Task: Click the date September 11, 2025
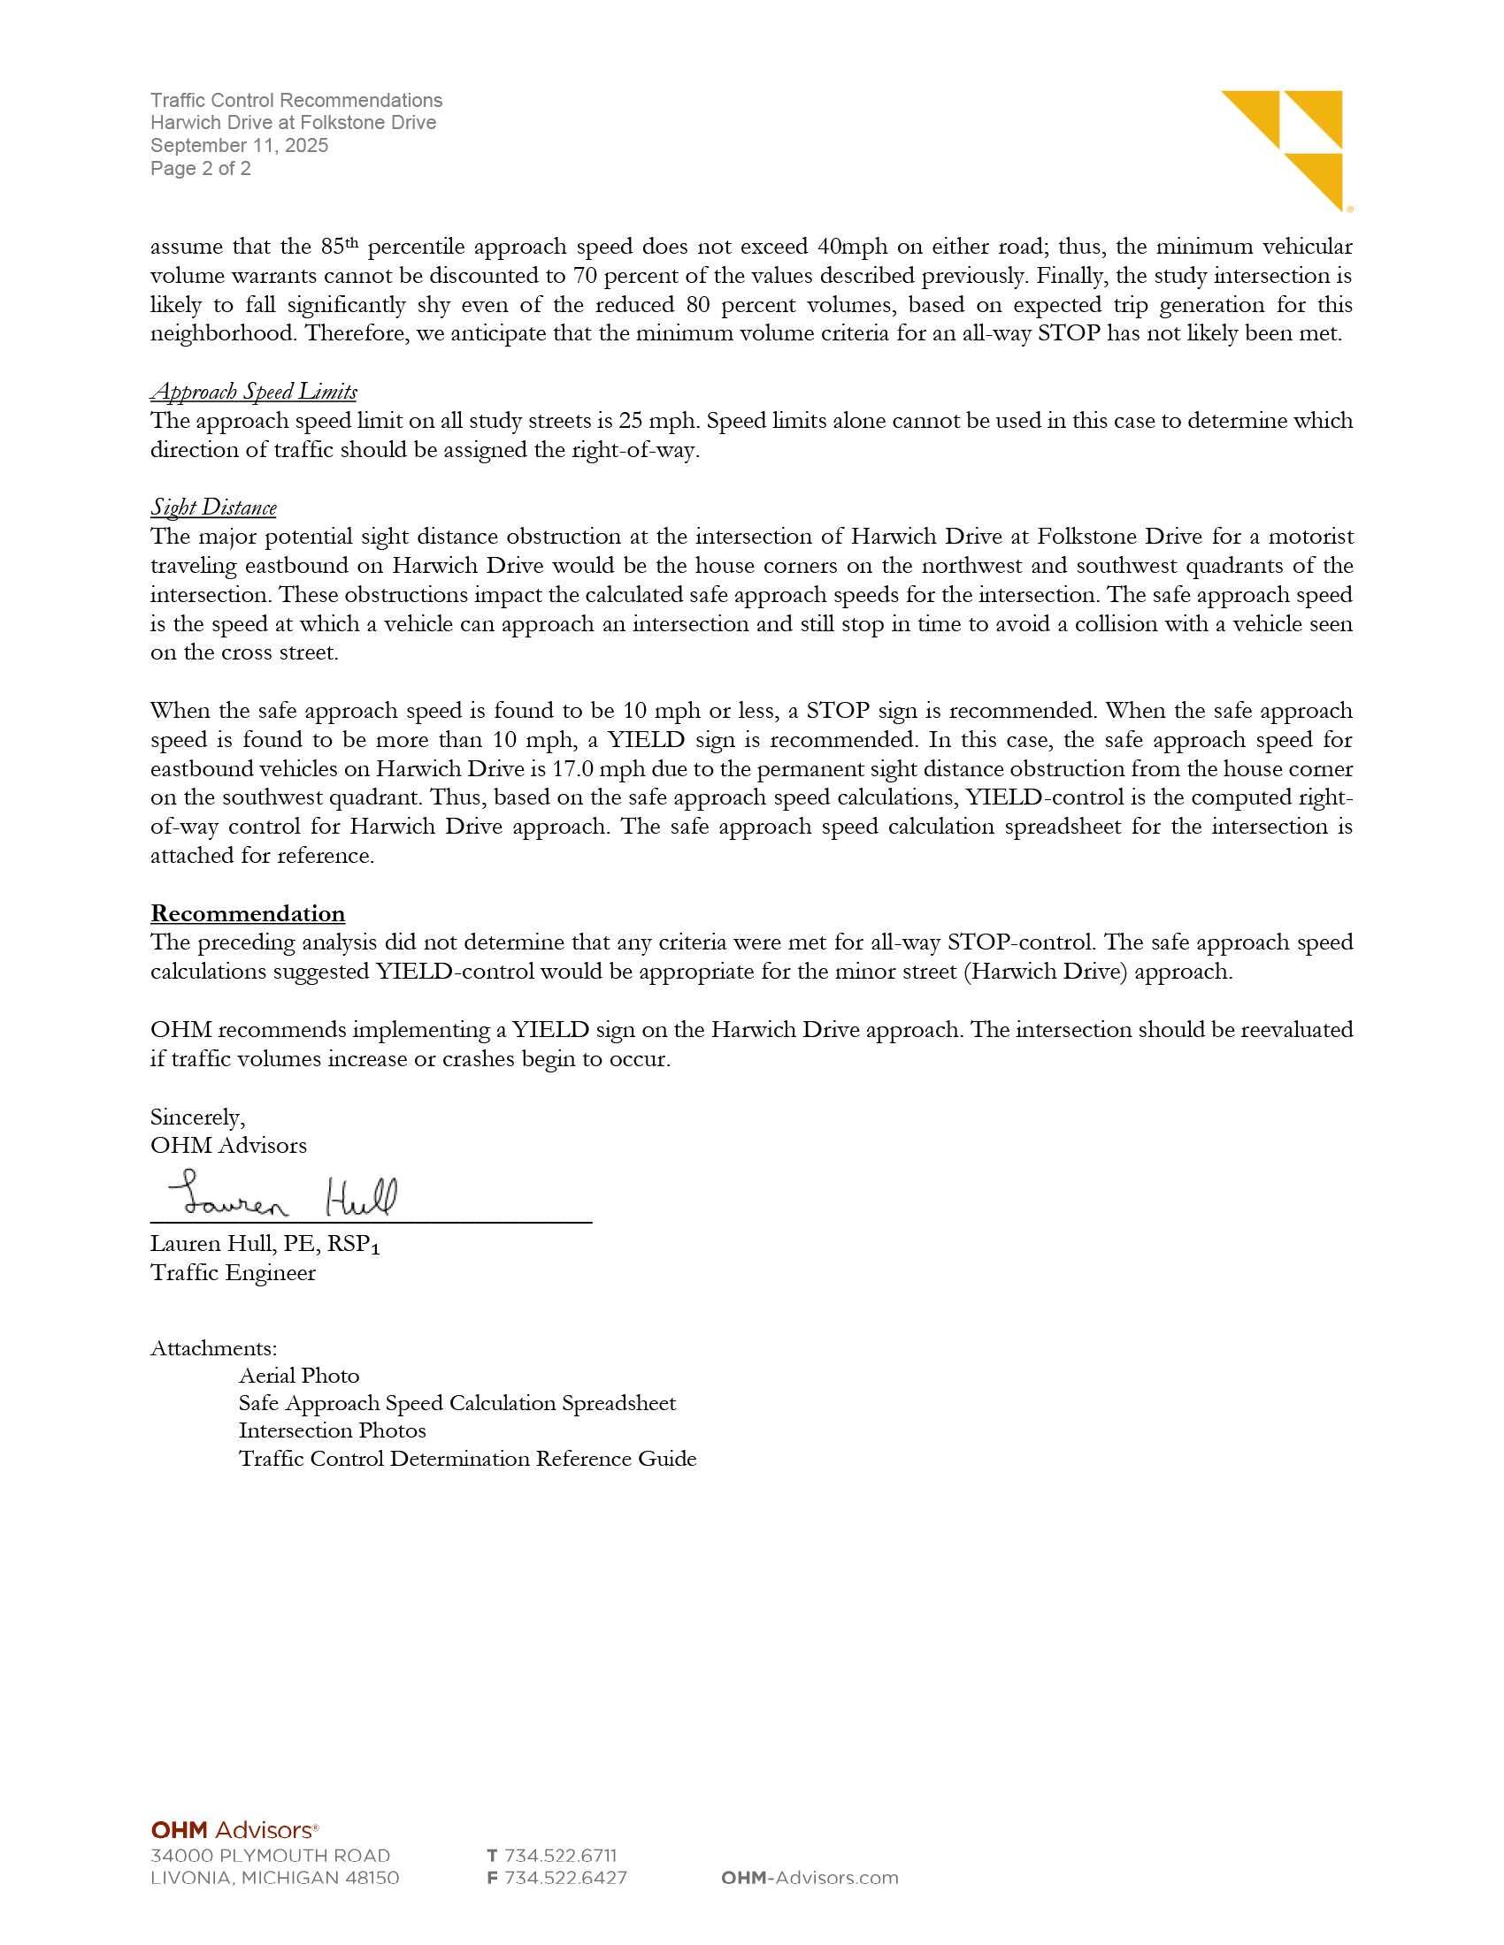click(x=239, y=145)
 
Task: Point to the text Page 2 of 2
click(x=201, y=168)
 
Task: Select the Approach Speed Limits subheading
click(x=254, y=392)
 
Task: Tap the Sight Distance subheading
click(x=214, y=507)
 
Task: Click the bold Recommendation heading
click(x=248, y=914)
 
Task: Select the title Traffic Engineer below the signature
click(x=233, y=1272)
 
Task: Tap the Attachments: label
click(x=214, y=1348)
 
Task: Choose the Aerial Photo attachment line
click(x=298, y=1376)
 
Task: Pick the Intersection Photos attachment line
click(x=333, y=1430)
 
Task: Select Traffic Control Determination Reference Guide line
click(x=467, y=1459)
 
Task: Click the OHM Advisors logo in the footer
click(x=234, y=1830)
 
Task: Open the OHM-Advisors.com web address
click(x=809, y=1878)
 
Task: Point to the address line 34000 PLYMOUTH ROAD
click(x=270, y=1856)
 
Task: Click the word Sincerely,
click(x=198, y=1117)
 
